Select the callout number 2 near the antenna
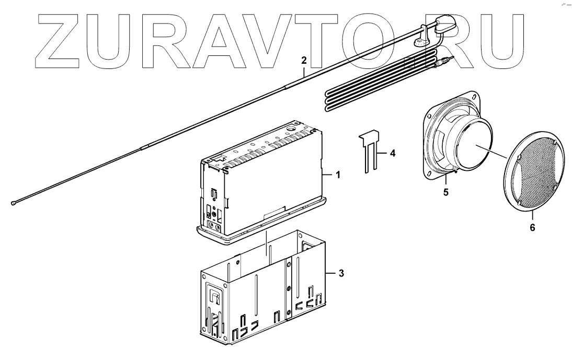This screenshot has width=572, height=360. pyautogui.click(x=304, y=61)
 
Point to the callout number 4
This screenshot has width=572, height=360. pyautogui.click(x=393, y=154)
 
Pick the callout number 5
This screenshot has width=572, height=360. pyautogui.click(x=445, y=192)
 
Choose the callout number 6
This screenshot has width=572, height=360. pyautogui.click(x=532, y=227)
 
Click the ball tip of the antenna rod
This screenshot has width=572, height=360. pyautogui.click(x=13, y=203)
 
